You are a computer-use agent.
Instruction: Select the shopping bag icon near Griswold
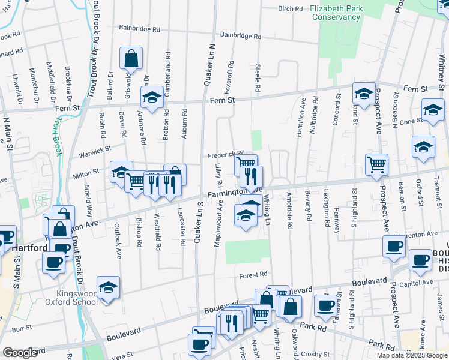(131, 58)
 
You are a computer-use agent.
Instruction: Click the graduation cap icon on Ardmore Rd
(152, 97)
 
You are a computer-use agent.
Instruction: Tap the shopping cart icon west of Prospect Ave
(376, 164)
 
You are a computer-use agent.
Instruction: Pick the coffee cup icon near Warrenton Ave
(394, 247)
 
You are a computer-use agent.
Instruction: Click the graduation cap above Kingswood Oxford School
(108, 287)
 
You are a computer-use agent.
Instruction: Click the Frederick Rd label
(226, 154)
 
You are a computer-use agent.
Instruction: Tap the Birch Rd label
(291, 9)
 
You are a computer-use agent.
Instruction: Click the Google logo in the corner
(20, 353)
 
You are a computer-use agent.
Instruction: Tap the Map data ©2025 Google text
(412, 355)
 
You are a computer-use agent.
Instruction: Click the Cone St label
(411, 121)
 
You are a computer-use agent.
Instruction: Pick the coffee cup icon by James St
(420, 260)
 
